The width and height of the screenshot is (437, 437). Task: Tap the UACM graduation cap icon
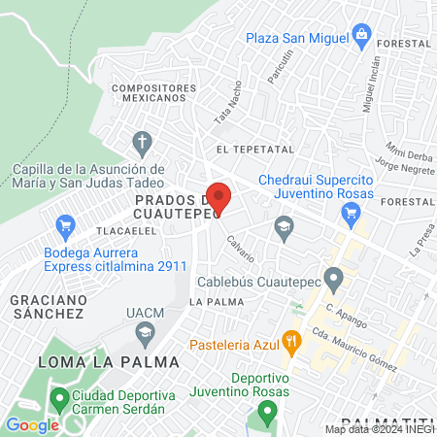pyautogui.click(x=144, y=333)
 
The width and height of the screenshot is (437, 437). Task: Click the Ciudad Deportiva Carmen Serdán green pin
pyautogui.click(x=59, y=397)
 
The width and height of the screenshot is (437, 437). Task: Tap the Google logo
pyautogui.click(x=32, y=424)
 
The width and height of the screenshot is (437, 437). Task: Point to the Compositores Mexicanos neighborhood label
pyautogui.click(x=149, y=92)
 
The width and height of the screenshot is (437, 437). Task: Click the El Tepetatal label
pyautogui.click(x=255, y=150)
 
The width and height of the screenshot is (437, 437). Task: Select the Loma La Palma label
pyautogui.click(x=108, y=361)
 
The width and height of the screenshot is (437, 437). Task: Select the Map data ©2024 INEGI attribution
pyautogui.click(x=379, y=428)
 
